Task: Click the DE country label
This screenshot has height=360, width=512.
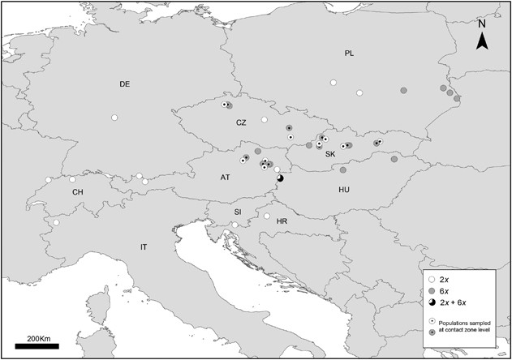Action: (x=124, y=84)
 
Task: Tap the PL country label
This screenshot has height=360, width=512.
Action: (x=349, y=53)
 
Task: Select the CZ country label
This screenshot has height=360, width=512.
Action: (x=241, y=122)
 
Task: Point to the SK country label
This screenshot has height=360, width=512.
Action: (x=330, y=153)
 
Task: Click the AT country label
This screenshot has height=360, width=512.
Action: (x=225, y=177)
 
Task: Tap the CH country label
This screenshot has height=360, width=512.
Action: (x=77, y=192)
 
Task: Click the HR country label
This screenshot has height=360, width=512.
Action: (x=281, y=221)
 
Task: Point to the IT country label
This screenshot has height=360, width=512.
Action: (x=144, y=246)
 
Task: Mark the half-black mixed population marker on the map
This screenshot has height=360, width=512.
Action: (x=280, y=178)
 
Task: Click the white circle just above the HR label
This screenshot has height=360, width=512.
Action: (x=267, y=216)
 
